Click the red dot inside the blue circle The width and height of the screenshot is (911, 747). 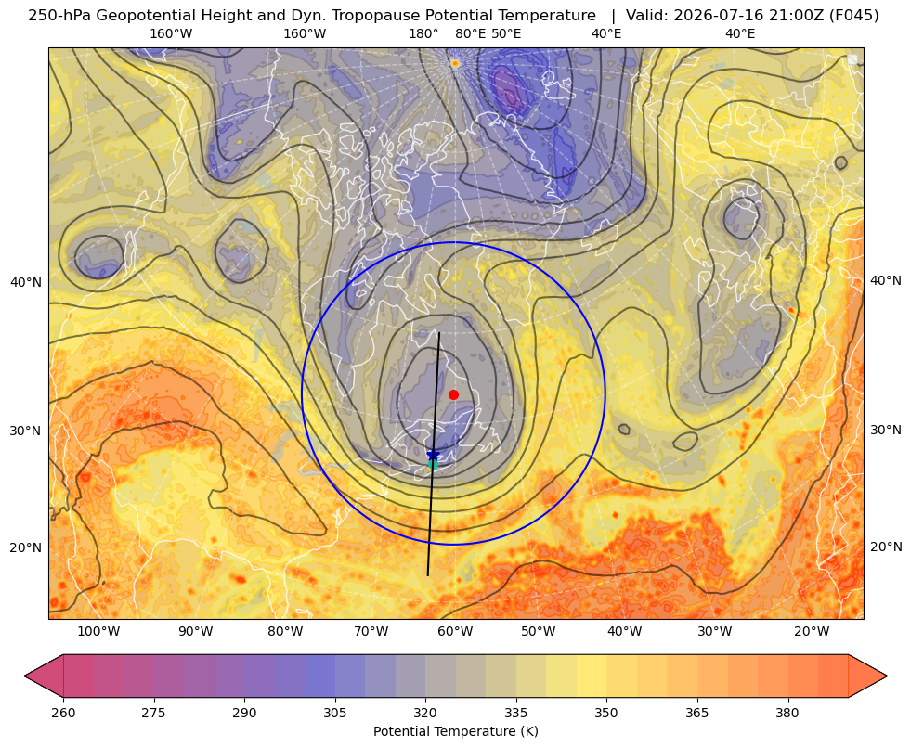454,394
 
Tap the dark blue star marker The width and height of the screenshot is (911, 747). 433,455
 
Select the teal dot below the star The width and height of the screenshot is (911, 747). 433,464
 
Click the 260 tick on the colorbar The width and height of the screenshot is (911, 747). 63,712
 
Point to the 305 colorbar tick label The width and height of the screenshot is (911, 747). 334,712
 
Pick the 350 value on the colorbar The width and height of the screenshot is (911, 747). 606,712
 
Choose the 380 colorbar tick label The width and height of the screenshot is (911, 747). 787,712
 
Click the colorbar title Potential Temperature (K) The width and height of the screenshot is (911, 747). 455,731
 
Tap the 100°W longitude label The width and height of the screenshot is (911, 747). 98,631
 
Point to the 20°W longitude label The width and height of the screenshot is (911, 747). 811,631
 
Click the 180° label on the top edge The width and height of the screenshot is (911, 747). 423,33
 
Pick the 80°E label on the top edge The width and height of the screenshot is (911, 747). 470,33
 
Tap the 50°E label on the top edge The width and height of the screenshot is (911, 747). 506,33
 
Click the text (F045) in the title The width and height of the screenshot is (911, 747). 852,16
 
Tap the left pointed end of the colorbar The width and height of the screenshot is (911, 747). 25,676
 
